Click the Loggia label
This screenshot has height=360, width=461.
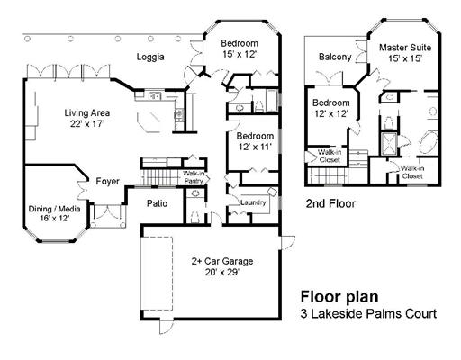(150, 57)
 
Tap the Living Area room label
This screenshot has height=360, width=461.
(87, 113)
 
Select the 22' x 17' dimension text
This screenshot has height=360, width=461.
(87, 123)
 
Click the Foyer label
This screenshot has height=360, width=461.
(107, 181)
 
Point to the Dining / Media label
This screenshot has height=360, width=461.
(54, 209)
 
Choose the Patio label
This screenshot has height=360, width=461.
(157, 203)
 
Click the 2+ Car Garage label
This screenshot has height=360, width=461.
(222, 261)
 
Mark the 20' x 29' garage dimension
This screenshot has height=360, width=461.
(222, 272)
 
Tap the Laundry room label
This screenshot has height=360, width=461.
(253, 202)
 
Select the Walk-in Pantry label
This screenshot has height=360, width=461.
(194, 177)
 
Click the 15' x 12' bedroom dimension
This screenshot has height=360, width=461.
(240, 54)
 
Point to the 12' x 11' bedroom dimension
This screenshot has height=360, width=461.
(255, 147)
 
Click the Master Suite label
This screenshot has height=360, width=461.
(405, 48)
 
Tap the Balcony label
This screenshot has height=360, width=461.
(335, 57)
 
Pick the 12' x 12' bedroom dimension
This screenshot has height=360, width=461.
(331, 113)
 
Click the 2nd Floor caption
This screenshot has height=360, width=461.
(330, 203)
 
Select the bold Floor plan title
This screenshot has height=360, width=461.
(339, 297)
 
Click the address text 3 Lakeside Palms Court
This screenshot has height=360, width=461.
(368, 314)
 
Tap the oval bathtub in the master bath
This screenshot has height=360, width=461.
(428, 144)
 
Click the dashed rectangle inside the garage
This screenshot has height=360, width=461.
(157, 274)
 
